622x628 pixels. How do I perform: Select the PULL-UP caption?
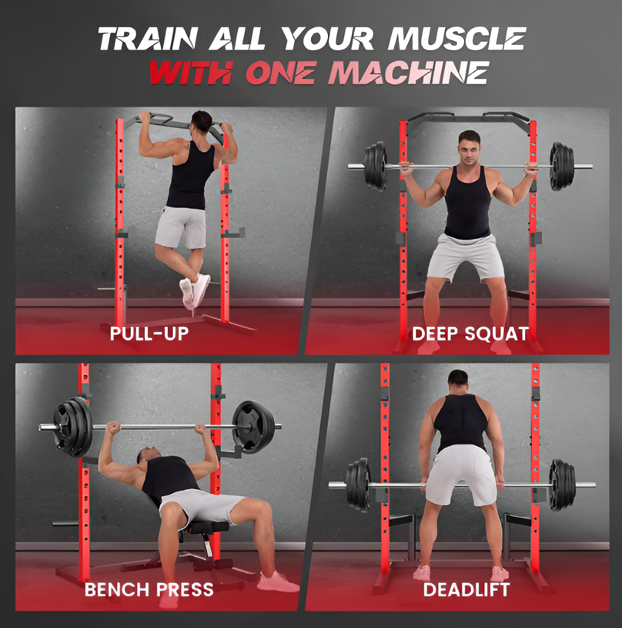point(149,333)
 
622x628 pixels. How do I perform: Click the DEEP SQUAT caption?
point(470,333)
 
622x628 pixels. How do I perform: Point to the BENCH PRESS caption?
point(149,590)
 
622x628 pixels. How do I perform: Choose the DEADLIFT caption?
point(466,590)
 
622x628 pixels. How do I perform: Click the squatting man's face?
point(469,148)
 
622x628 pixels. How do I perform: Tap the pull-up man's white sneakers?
point(194,290)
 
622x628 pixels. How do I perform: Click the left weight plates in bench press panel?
point(73,426)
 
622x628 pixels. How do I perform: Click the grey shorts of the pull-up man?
point(180,227)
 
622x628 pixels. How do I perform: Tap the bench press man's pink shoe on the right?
point(278,581)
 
